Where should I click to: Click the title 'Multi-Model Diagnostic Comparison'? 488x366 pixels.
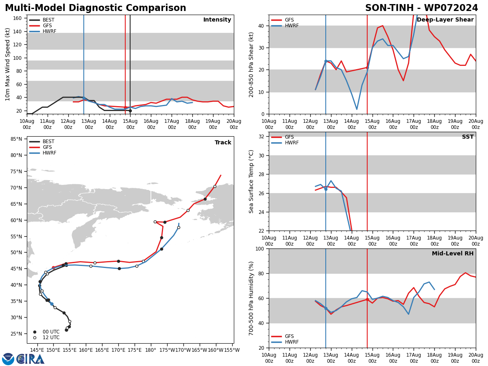tap(96, 8)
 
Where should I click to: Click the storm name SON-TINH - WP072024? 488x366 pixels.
tap(422, 8)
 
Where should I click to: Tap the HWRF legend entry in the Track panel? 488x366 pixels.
tap(43, 153)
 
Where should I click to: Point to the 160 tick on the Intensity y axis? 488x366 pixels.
tap(17, 18)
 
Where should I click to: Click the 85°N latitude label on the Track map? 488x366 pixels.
tap(16, 139)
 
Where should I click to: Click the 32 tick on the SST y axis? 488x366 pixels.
tap(261, 137)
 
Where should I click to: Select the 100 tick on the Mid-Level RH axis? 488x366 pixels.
tap(260, 248)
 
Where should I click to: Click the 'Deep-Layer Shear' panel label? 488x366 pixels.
tap(445, 20)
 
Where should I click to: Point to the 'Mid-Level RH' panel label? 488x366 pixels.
tap(453, 253)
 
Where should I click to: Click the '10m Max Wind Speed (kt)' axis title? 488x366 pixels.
tap(7, 64)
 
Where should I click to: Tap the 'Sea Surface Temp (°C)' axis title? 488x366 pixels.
tap(251, 181)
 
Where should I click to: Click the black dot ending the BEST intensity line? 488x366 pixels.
tap(130, 111)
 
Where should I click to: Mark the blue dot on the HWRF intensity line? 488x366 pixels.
tap(84, 98)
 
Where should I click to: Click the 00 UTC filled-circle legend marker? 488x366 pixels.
tap(35, 332)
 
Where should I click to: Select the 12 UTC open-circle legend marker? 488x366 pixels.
tap(35, 338)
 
